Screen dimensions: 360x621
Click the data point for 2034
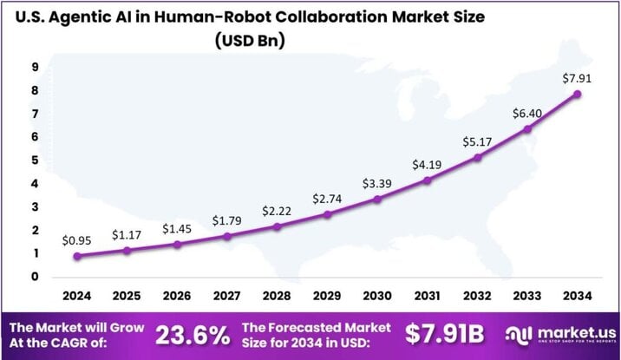coord(577,95)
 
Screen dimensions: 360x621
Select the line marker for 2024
coord(77,256)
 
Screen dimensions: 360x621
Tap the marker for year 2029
coord(327,214)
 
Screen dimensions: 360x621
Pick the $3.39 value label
coord(377,182)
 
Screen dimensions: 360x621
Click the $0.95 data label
coord(77,239)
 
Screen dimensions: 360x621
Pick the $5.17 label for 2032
coord(477,141)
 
